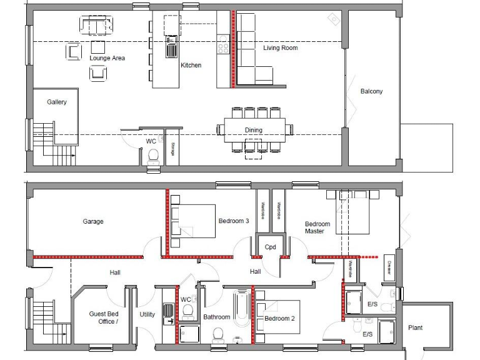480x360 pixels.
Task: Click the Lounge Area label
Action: [x=107, y=58]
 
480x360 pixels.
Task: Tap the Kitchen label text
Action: [x=191, y=65]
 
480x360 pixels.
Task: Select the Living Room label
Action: [x=280, y=47]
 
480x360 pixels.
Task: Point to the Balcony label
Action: [x=371, y=91]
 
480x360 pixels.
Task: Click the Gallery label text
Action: [x=57, y=102]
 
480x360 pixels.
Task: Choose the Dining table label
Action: [x=254, y=130]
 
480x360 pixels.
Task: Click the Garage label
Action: [x=93, y=221]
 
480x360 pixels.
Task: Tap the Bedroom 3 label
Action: [x=234, y=221]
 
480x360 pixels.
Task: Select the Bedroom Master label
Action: [x=317, y=227]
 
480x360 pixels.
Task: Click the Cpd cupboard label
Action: [x=270, y=247]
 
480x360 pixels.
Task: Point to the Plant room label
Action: [x=415, y=327]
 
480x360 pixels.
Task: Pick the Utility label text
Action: [x=147, y=315]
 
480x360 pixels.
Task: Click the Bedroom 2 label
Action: [x=279, y=318]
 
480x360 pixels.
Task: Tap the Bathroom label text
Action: [x=216, y=317]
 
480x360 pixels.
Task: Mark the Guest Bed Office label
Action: [x=104, y=317]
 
